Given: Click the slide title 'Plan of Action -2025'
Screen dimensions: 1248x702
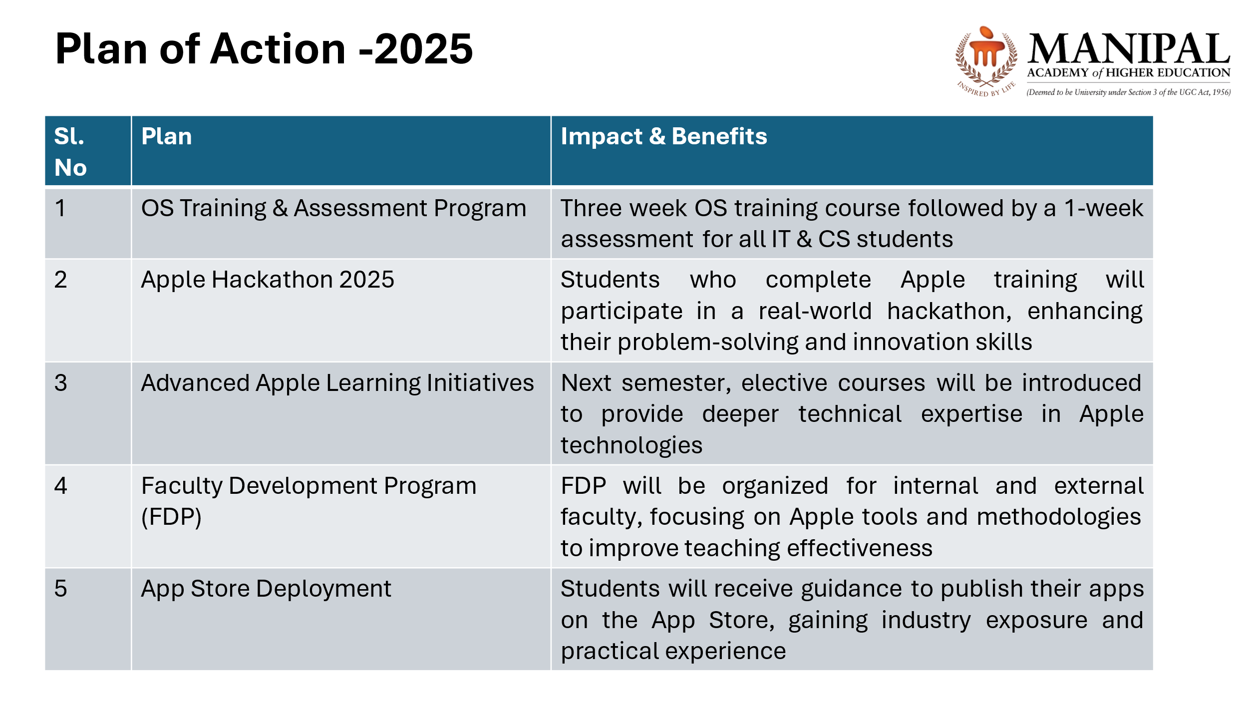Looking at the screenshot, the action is coord(264,48).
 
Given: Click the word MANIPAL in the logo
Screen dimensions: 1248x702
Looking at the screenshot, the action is coord(1129,48).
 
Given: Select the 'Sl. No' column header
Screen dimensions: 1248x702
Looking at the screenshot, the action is coord(70,151).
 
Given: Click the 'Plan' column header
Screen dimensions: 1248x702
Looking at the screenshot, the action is coord(166,136).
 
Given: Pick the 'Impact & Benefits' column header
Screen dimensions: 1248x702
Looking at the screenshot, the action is coord(663,136).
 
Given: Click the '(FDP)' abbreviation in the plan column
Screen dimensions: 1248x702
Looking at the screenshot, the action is coord(171,517).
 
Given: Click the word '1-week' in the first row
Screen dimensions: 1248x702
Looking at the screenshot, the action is coord(1103,208).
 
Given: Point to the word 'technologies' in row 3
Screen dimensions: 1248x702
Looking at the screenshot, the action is coord(631,445).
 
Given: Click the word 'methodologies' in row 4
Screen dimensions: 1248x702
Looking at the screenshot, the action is coord(1059,517).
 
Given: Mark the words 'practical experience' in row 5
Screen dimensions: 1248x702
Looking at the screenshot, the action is coord(673,652).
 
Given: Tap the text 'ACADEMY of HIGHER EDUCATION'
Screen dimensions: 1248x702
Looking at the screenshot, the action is coord(1129,73).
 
